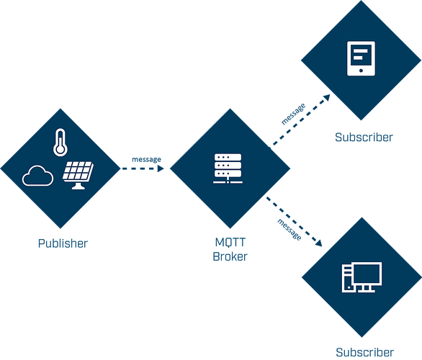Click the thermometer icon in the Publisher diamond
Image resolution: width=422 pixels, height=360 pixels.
[60, 142]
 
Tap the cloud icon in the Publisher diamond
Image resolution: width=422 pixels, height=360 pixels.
[37, 176]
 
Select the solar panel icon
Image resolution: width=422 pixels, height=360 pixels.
[78, 175]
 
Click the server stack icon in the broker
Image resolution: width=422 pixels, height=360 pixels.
[228, 168]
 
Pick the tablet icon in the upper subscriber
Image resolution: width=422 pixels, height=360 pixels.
[361, 58]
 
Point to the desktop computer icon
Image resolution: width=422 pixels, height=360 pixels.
[362, 277]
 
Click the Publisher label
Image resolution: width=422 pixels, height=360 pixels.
[63, 243]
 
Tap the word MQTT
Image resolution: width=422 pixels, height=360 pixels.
[230, 243]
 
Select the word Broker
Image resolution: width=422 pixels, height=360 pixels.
[230, 256]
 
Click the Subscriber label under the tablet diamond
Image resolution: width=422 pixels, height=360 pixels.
[364, 138]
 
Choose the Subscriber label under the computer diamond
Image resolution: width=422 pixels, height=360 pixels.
[364, 353]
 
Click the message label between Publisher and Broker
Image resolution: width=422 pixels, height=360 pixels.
[146, 159]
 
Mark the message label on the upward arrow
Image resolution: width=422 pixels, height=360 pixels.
[294, 114]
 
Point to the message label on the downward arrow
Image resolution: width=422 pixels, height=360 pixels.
[289, 230]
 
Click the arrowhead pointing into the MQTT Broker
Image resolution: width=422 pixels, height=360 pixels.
[161, 168]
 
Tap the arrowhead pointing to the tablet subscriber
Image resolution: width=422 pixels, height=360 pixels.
[327, 97]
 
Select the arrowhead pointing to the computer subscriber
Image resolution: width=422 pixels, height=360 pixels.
[319, 243]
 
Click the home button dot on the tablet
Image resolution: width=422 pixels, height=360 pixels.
[361, 71]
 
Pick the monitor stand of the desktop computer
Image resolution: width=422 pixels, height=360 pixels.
[366, 289]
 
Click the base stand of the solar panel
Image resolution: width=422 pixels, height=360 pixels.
[78, 186]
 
